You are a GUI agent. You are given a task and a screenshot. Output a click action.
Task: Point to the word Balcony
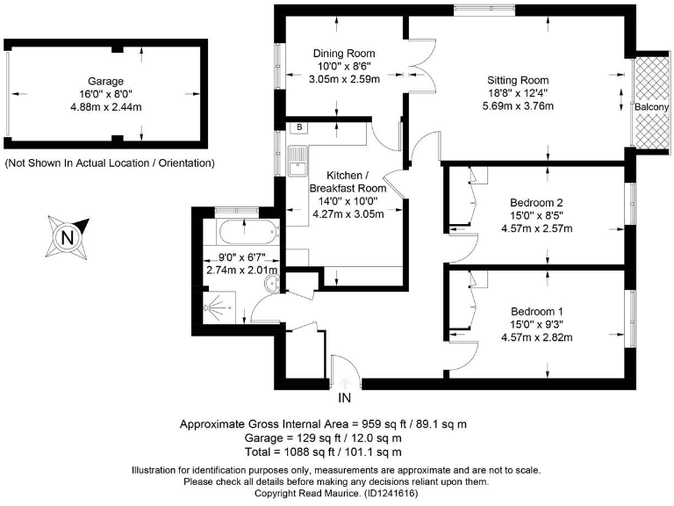tap(652, 107)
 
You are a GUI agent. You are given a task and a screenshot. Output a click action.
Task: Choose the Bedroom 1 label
tap(535, 311)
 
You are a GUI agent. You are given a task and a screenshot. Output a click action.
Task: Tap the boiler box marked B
tap(299, 127)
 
